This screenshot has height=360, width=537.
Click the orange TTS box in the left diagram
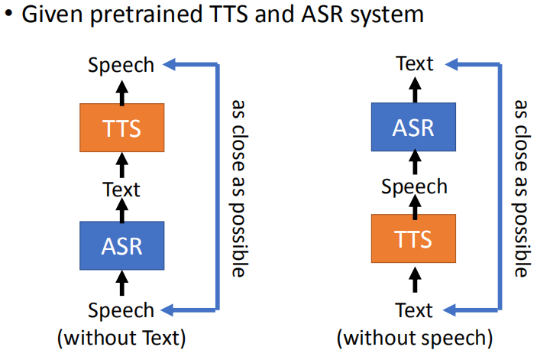pos(121,128)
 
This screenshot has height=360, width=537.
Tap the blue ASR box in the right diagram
pos(413,127)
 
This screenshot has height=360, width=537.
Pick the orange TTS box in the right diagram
pos(413,240)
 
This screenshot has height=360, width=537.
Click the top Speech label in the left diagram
pos(121,66)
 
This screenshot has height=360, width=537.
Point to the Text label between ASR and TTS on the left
pos(121,187)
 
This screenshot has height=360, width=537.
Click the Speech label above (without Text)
pos(121,311)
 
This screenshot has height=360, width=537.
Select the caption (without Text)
pos(121,336)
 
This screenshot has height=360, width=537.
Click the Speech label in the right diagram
pos(414,186)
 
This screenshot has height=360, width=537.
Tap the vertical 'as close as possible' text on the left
pos(239,186)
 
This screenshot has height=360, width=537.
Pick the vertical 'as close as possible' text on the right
pos(520,186)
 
